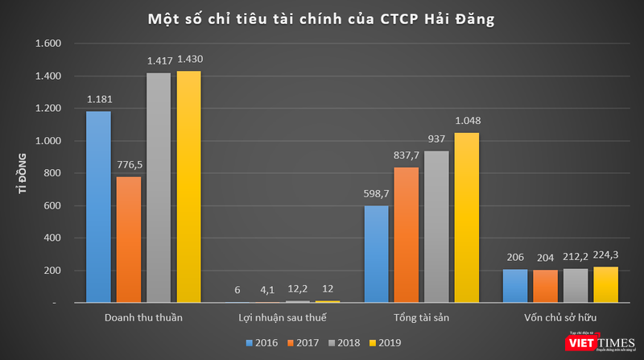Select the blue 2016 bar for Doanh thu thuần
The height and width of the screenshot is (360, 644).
tap(98, 207)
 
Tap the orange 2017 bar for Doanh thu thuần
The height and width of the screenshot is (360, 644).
tap(129, 239)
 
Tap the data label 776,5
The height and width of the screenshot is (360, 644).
tap(129, 165)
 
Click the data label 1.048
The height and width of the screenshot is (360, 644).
tap(468, 122)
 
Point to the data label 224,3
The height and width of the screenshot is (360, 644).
tap(608, 255)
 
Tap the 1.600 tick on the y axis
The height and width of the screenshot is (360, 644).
tap(48, 43)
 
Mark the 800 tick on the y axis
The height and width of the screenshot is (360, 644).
tap(53, 173)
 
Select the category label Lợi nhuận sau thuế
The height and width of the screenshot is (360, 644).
tap(283, 317)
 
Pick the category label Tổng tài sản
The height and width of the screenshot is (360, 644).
tap(422, 317)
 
